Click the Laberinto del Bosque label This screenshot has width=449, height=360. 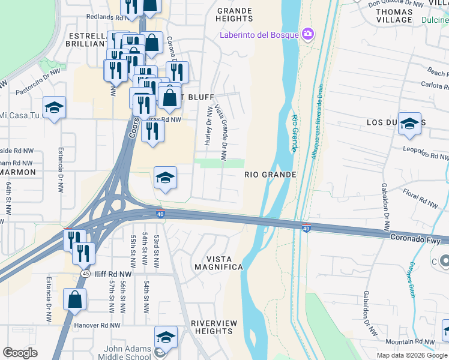(259, 34)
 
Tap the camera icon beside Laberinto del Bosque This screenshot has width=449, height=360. (309, 34)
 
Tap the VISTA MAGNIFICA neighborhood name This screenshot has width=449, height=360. (216, 262)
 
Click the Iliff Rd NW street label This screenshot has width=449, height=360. (112, 274)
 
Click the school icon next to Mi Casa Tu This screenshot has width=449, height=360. (55, 107)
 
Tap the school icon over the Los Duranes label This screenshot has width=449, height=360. (409, 124)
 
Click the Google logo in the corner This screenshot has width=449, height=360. (20, 353)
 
